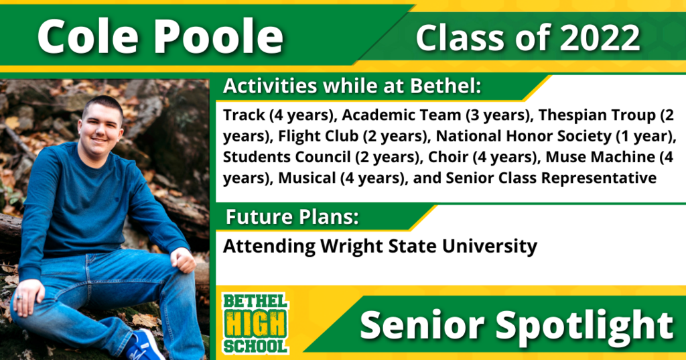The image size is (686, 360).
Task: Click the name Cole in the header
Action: click(88, 37)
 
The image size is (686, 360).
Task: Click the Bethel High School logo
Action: click(255, 323)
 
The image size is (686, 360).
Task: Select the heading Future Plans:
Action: click(292, 217)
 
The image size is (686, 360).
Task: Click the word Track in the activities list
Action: click(244, 115)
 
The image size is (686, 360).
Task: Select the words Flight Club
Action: click(318, 136)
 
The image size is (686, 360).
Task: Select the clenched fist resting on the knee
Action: click(182, 259)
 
